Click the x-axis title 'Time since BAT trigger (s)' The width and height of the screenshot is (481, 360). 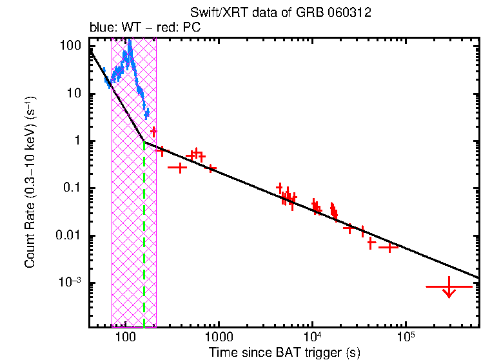[284, 352]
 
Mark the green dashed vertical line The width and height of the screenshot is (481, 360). [144, 232]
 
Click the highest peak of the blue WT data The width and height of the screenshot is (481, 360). [130, 42]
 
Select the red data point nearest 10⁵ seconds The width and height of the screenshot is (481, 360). [388, 247]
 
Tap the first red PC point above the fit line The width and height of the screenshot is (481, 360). [153, 132]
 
